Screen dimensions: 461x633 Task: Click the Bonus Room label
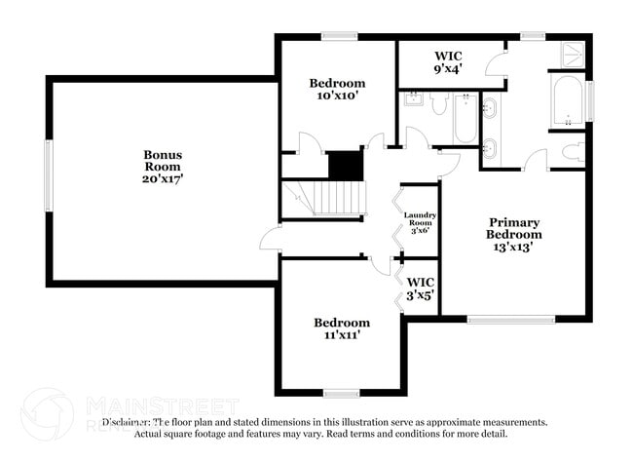[163, 161]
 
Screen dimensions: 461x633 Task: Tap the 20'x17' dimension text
[163, 179]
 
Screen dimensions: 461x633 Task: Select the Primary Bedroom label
[515, 228]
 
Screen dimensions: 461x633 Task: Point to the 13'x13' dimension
[515, 247]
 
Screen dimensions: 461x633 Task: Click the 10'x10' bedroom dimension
[337, 96]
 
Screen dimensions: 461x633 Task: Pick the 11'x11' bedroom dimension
[341, 336]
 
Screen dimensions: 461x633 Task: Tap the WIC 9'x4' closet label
[447, 62]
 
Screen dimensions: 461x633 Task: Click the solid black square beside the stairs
[345, 165]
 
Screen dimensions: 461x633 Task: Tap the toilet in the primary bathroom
[573, 152]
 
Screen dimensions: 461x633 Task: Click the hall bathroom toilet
[437, 103]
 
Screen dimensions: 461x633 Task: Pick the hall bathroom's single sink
[413, 100]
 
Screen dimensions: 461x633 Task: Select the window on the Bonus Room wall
[47, 174]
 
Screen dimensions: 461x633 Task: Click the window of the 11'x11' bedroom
[342, 393]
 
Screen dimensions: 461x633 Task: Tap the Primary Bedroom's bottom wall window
[510, 319]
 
